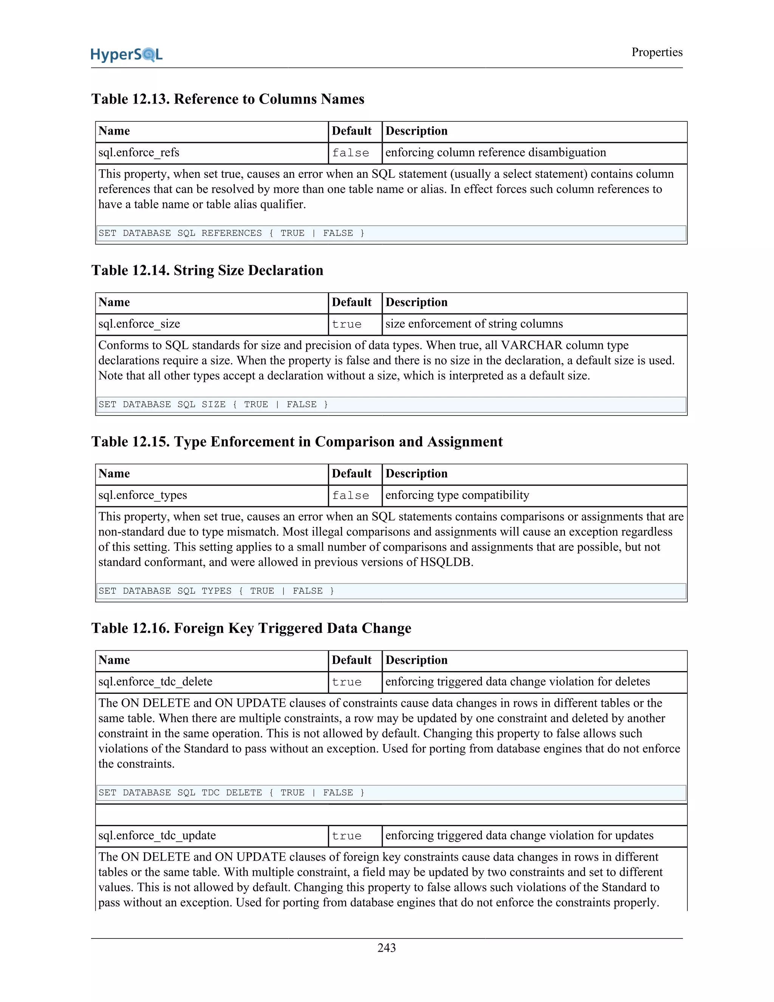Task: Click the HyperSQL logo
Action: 127,54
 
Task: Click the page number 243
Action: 387,948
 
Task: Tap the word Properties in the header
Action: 656,52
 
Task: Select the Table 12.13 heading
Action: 228,99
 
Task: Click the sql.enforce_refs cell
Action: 139,153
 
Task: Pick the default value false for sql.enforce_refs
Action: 351,153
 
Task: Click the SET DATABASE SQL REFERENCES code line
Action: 232,233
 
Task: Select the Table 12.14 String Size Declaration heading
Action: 207,270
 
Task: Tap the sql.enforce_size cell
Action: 139,324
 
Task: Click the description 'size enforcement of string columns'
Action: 474,324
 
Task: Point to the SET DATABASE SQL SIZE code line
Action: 213,404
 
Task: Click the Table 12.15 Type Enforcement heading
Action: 297,441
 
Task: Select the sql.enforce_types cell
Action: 142,495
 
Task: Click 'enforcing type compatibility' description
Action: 457,495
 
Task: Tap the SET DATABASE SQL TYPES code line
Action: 217,591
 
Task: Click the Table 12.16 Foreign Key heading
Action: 251,628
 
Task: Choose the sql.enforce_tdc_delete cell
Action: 155,682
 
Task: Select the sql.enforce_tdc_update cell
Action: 157,836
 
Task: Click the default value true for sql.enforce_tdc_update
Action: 347,836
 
